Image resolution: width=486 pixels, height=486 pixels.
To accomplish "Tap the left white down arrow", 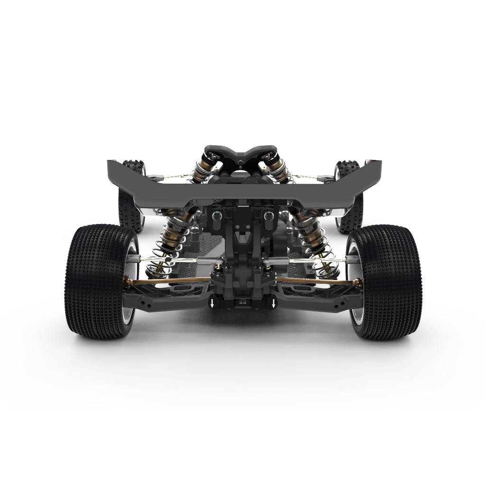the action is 212,304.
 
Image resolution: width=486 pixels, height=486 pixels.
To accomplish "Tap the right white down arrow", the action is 273,304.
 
